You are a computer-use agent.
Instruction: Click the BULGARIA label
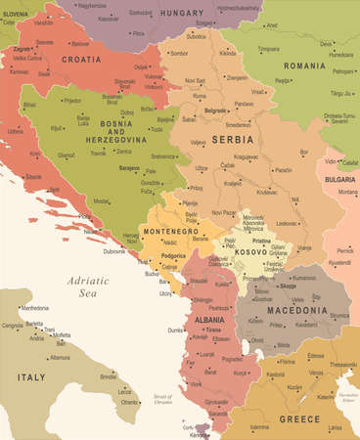[339, 180]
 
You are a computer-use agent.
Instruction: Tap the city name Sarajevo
[129, 168]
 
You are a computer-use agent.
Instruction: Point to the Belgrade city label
[215, 110]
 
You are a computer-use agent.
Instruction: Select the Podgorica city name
[174, 256]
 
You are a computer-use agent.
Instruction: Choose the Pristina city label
[260, 239]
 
